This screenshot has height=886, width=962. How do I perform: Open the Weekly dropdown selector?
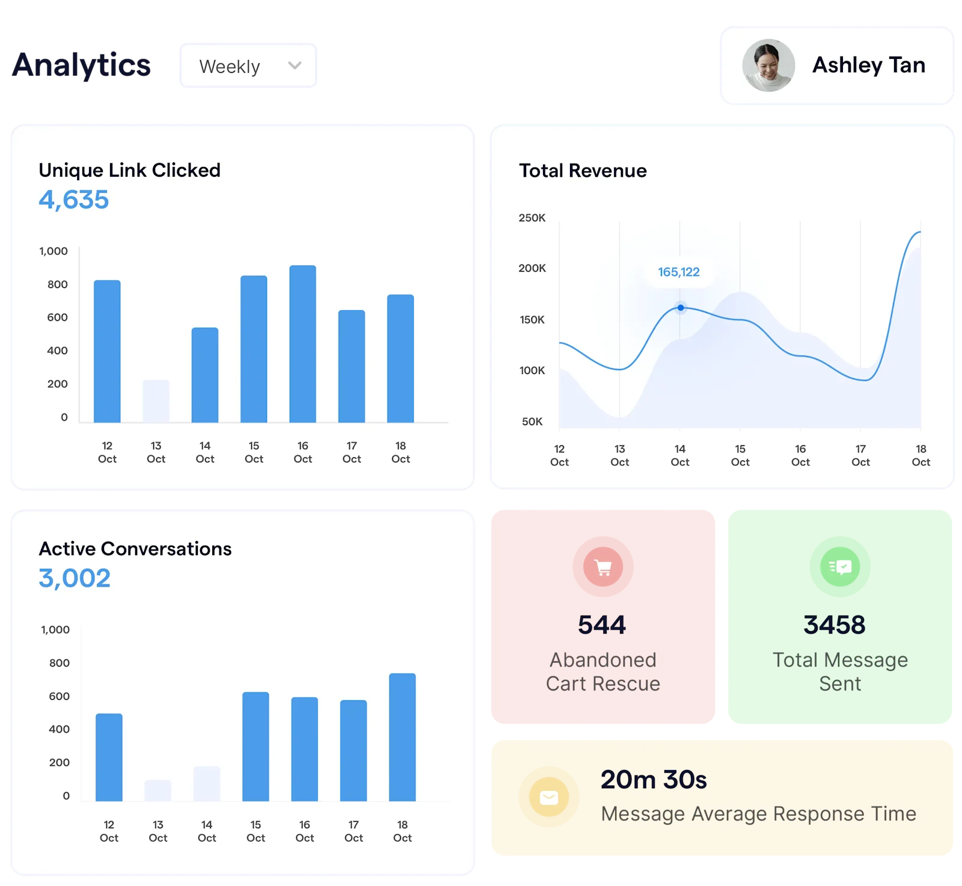point(248,66)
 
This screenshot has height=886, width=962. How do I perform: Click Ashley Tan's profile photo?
point(768,66)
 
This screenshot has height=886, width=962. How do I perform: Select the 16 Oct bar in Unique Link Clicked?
point(302,344)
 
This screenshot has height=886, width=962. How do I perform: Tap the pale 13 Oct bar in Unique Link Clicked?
point(156,401)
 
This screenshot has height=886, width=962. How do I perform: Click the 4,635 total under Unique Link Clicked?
point(73,200)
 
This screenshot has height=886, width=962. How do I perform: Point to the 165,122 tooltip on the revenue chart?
point(678,272)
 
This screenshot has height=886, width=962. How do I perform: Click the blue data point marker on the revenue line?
point(681,308)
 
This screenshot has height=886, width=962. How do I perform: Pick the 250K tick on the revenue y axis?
point(532,218)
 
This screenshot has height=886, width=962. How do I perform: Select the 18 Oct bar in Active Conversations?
point(402,737)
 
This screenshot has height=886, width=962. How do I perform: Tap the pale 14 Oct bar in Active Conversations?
point(207,783)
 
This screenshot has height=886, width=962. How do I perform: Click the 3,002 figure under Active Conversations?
point(75,578)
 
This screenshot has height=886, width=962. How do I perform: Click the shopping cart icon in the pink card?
point(602,567)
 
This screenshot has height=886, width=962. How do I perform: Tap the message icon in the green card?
point(840,567)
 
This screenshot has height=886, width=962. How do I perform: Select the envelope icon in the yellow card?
point(549,798)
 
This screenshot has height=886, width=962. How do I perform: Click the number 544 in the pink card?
point(602,625)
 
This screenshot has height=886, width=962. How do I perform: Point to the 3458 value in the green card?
point(835,625)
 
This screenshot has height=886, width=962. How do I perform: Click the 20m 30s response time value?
point(654,780)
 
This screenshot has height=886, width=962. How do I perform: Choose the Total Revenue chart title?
point(583,171)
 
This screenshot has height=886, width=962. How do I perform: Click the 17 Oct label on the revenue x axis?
point(860,455)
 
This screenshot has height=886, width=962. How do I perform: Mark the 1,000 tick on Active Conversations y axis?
point(55,629)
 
